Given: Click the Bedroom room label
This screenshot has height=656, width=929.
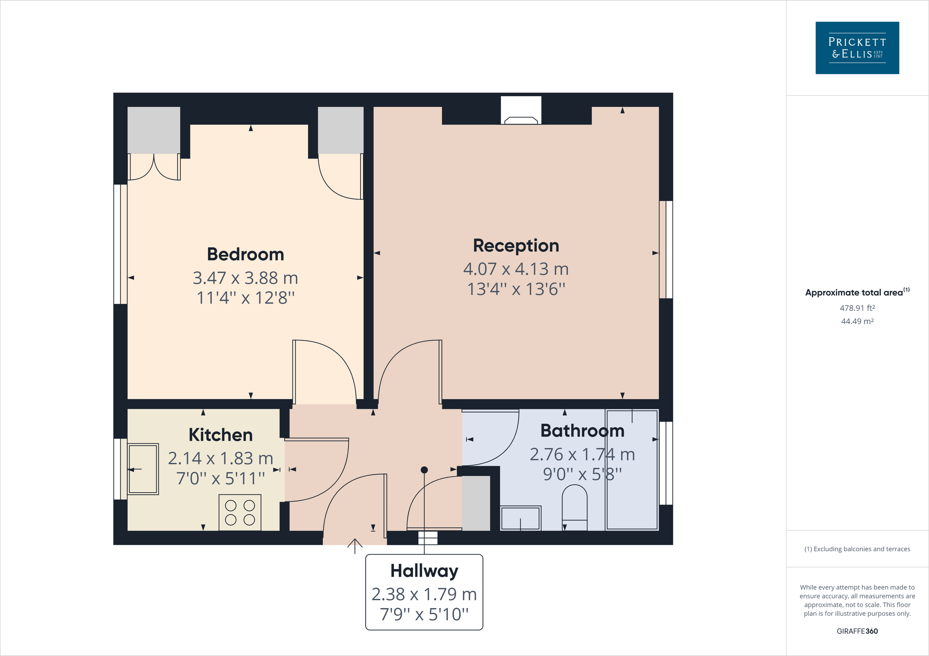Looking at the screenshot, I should pos(245,254).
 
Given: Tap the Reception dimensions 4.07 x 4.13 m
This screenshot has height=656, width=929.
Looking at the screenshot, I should pos(516,269).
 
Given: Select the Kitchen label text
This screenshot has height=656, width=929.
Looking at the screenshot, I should pos(221,435).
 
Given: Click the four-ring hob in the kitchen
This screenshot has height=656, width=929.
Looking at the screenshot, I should pos(240,513).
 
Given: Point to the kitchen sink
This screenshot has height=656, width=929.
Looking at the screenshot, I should pos(143,469).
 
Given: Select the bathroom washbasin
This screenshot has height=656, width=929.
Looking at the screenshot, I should pos(520,518).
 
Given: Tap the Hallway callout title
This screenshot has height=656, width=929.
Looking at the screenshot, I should pos(424,571).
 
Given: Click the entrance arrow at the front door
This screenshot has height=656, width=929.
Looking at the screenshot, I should pos(355,546).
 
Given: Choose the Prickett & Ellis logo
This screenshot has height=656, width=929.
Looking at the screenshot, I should pos(857,48).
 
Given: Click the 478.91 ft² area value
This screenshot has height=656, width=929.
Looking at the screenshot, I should pos(857,308).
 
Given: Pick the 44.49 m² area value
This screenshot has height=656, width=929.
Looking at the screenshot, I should pos(857,321).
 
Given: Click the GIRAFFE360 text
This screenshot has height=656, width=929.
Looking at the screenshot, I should pos(857,631).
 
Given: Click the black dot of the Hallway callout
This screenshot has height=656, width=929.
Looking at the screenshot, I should pos(424,470).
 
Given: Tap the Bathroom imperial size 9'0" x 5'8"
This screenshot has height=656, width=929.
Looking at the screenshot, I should pos(582,474).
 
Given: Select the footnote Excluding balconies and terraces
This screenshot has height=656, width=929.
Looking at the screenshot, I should pos(857,549).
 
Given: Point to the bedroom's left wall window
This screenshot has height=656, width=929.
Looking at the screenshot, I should pos(120,244).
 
